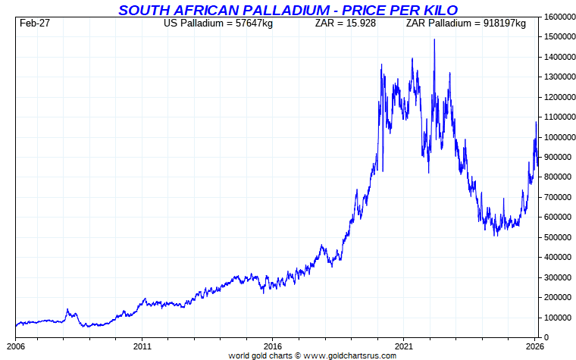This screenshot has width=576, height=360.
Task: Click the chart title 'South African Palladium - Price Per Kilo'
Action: click(287, 10)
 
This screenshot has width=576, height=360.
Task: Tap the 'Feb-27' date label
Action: click(35, 23)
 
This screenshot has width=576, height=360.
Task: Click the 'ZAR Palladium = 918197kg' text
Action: click(465, 23)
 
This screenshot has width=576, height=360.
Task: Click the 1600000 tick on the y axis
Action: click(557, 17)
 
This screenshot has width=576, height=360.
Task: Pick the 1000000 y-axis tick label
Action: click(557, 137)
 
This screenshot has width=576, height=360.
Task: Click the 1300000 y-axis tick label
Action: click(557, 77)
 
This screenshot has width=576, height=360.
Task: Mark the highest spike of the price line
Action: click(434, 40)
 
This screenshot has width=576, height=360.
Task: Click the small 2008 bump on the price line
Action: click(67, 309)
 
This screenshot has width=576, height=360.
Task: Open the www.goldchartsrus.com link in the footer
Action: click(349, 355)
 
